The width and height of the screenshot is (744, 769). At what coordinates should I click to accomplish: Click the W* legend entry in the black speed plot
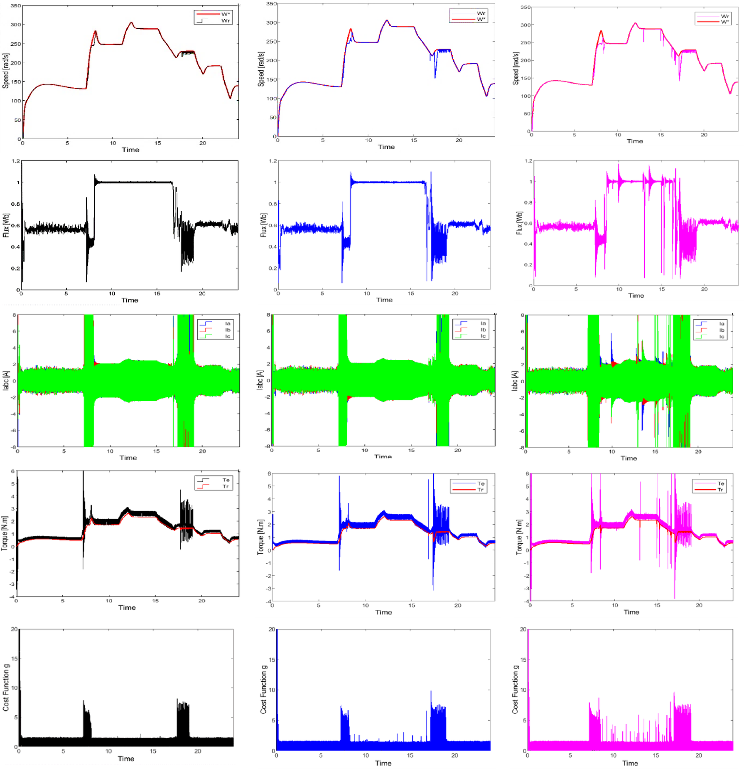[225, 14]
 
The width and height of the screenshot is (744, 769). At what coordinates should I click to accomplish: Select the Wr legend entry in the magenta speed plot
[724, 16]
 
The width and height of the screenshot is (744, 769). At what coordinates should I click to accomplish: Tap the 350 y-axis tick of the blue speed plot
[271, 4]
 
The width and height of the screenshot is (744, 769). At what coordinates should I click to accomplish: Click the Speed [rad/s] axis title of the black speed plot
[6, 71]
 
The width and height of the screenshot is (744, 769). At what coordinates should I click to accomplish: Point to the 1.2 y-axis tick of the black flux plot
[16, 161]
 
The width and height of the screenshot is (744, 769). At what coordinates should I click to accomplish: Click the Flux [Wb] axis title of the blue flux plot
[263, 225]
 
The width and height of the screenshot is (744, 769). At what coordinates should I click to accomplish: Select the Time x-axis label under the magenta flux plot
[636, 296]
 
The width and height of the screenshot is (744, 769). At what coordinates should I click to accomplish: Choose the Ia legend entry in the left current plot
[227, 323]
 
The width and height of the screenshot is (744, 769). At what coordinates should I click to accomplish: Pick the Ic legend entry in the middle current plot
[483, 336]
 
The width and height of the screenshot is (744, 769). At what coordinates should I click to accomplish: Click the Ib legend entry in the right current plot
[722, 330]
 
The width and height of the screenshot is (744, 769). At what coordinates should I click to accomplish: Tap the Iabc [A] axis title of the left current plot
[6, 380]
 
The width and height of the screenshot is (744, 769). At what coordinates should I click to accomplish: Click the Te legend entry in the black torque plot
[226, 480]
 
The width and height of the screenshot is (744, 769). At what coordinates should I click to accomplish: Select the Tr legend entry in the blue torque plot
[481, 490]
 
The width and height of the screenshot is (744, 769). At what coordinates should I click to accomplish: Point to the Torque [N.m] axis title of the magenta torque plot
[519, 537]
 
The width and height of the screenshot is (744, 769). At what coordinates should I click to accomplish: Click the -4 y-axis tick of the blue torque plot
[268, 601]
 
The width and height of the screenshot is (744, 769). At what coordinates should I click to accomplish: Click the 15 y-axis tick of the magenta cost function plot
[523, 659]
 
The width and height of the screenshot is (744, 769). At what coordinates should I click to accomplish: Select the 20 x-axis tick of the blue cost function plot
[454, 755]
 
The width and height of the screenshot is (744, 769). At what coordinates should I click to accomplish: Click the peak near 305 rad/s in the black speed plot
[131, 22]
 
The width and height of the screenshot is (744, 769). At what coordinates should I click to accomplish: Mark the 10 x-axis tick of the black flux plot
[112, 293]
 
